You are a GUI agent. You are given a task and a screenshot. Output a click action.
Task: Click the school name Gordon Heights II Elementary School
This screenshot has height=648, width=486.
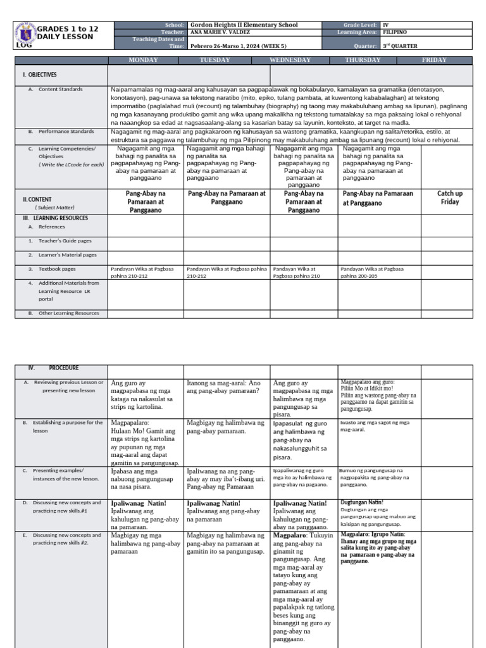(244, 25)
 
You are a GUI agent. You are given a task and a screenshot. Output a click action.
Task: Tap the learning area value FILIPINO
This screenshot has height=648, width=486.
(395, 32)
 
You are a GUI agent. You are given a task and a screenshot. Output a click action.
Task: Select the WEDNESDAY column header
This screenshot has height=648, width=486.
(290, 60)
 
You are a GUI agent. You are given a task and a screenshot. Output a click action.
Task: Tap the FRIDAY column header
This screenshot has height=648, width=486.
(434, 60)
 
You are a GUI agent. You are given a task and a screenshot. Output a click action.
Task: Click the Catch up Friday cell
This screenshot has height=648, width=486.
(449, 197)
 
